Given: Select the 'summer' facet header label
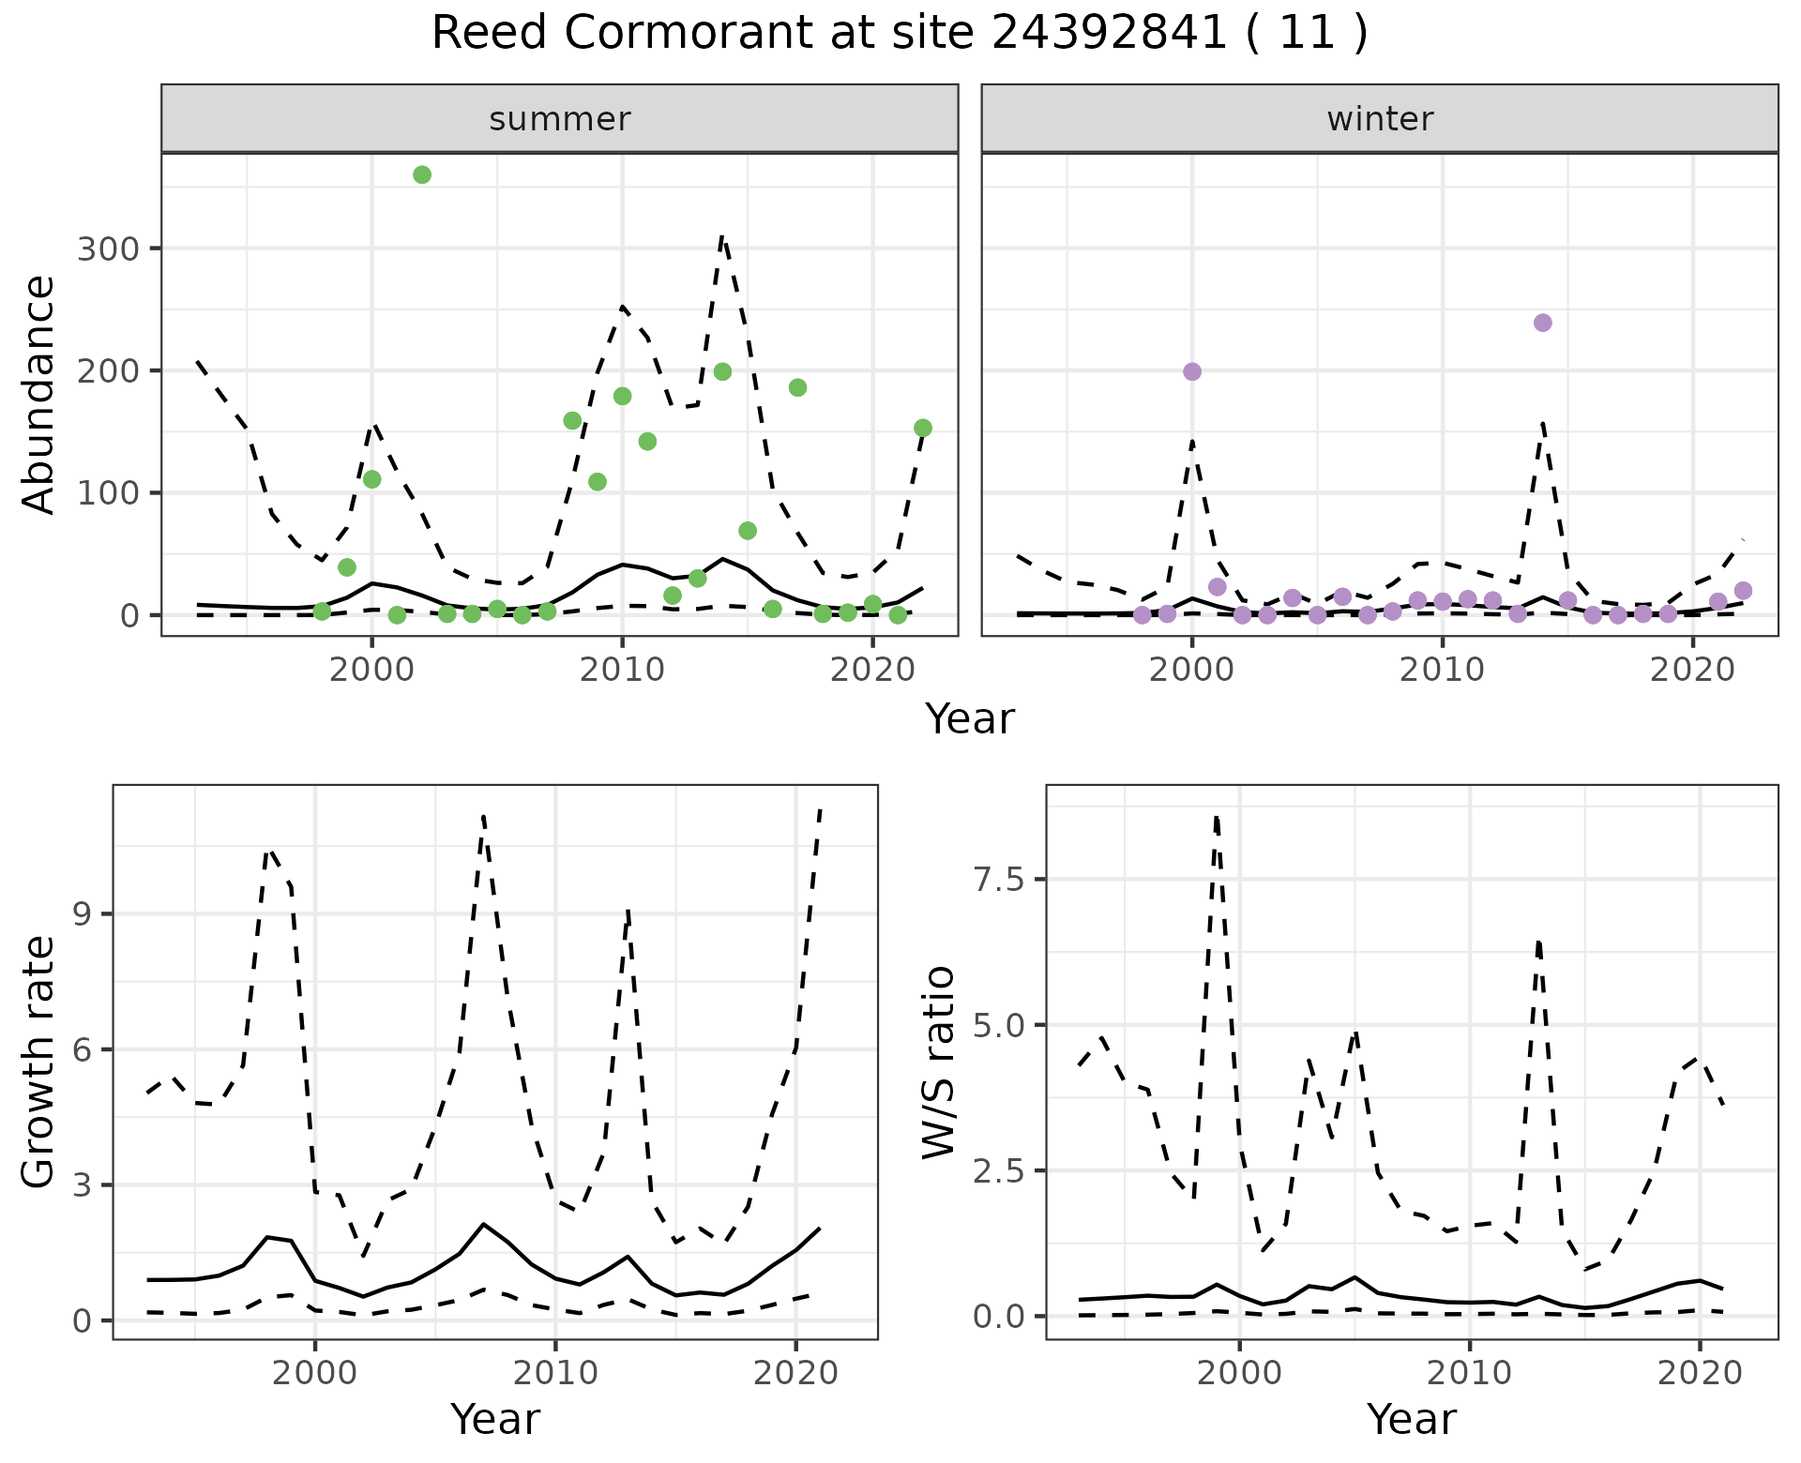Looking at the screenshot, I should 559,119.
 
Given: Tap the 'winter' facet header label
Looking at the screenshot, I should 1379,119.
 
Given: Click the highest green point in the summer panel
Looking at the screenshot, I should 422,175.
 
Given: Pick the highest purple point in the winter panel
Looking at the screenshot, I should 1542,323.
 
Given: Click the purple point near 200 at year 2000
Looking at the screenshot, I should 1192,371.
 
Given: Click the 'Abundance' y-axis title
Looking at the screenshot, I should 39,394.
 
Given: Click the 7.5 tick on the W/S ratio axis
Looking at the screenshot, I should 1003,879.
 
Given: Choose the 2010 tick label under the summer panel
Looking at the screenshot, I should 622,670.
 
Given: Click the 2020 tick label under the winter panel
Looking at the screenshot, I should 1692,670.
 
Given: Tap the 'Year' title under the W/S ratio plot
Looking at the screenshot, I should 1411,1419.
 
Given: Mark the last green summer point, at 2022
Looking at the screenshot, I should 922,428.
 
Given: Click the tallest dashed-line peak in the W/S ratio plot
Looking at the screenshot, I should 1216,818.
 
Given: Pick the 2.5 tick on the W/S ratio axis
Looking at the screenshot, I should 1003,1170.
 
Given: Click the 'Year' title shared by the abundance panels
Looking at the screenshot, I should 970,719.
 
